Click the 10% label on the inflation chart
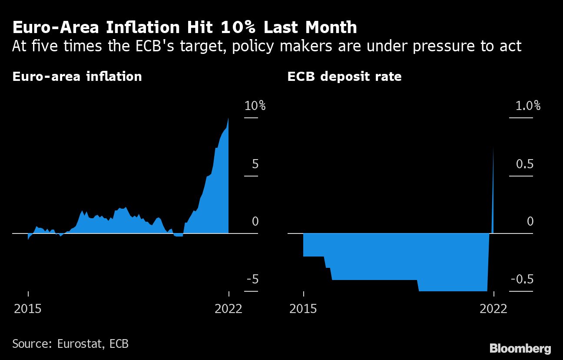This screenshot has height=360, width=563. [255, 106]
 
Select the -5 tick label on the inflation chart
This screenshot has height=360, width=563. [252, 280]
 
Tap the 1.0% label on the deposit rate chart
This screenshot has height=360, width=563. [528, 106]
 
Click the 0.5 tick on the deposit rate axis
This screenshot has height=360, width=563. [524, 164]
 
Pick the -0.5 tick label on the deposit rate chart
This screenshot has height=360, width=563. [521, 280]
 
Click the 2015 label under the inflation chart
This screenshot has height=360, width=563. [28, 309]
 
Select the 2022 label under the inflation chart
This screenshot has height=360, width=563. [229, 309]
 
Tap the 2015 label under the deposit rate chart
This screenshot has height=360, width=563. [303, 309]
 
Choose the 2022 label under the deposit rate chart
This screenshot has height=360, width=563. [493, 309]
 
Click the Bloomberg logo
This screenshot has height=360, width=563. [520, 348]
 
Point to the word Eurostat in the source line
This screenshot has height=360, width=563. [80, 344]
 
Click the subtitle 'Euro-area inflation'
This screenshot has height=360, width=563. [77, 77]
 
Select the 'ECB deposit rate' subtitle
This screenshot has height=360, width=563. [344, 77]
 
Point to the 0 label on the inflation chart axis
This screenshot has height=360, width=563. [255, 222]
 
